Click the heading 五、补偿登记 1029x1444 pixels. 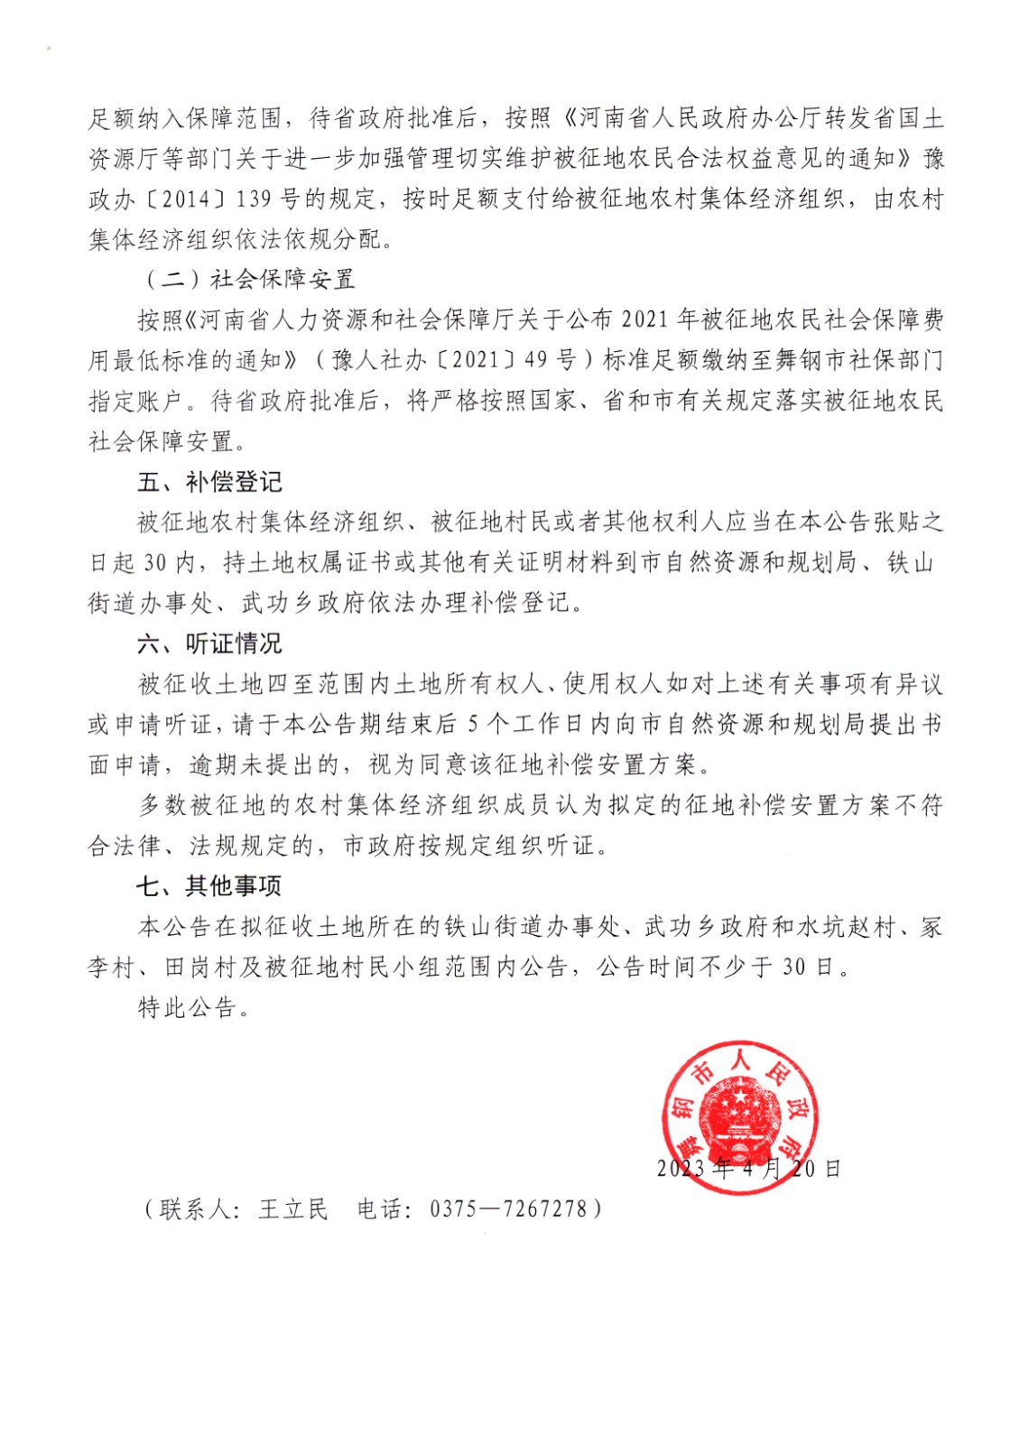(209, 482)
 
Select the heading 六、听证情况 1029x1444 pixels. (209, 643)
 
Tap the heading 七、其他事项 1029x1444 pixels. (209, 886)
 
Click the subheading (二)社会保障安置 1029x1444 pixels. (250, 279)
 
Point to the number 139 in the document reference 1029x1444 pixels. (255, 199)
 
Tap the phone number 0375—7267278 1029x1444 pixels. (508, 1208)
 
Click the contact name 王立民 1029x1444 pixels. (293, 1208)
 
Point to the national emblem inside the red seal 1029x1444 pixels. (740, 1117)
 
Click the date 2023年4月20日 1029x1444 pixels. (748, 1169)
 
